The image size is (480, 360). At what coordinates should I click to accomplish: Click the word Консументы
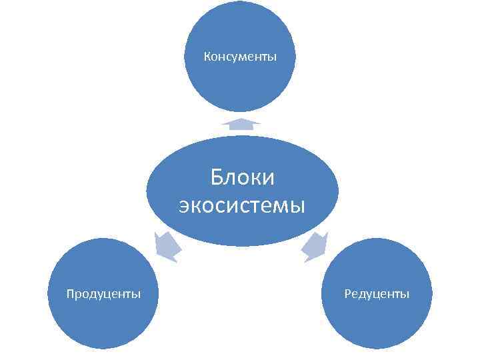pos(240,57)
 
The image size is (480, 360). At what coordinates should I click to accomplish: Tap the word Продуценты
pos(103,293)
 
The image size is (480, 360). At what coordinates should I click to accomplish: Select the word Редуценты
pos(377,293)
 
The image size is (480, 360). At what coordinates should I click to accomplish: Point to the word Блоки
pos(242,178)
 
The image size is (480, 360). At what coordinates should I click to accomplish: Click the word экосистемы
pos(242,205)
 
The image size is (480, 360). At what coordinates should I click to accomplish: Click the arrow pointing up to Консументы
pos(241,123)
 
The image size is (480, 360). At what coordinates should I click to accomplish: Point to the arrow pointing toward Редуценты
pos(314,247)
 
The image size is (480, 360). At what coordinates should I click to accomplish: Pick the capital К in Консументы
pos(207,57)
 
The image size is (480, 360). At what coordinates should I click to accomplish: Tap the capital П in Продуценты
pos(71,293)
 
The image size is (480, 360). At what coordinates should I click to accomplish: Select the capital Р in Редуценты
pos(347,293)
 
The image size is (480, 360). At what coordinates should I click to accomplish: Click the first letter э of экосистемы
pos(185,206)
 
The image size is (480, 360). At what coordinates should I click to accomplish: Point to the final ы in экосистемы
pos(297,206)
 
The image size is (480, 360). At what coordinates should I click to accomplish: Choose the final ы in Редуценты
pos(405,294)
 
